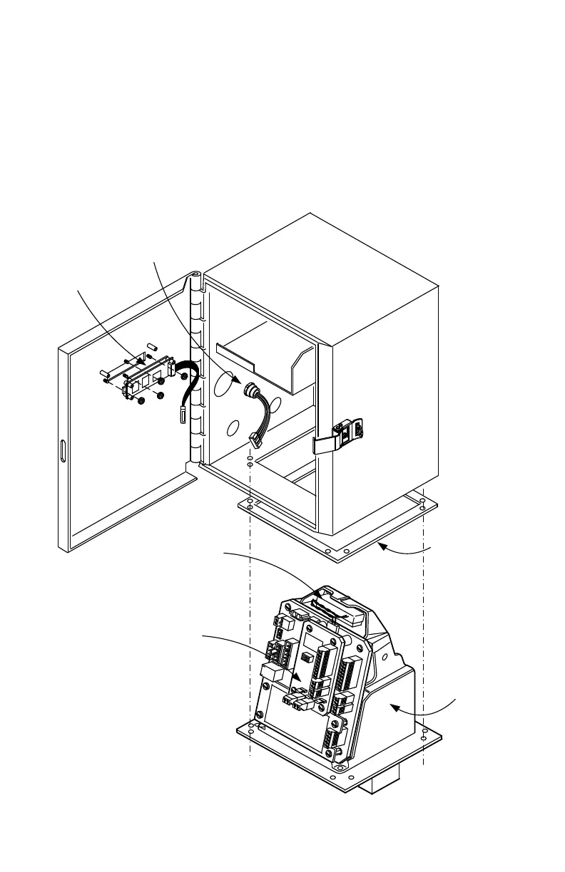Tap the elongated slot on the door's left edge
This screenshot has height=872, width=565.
[63, 451]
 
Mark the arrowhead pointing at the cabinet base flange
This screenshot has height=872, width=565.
[382, 545]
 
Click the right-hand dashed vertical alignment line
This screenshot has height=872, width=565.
[424, 641]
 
